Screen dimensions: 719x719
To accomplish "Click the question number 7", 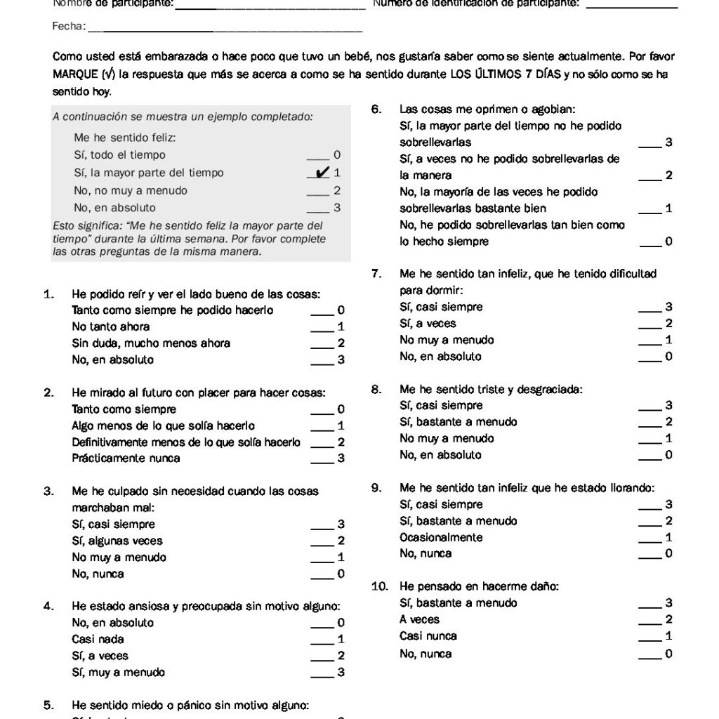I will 376,274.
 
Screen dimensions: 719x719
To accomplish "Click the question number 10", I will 378,586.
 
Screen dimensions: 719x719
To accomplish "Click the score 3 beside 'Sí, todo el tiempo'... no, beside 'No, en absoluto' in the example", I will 337,208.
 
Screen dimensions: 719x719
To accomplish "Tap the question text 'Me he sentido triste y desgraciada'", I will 491,388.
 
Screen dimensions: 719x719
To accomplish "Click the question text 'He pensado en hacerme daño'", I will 479,586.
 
